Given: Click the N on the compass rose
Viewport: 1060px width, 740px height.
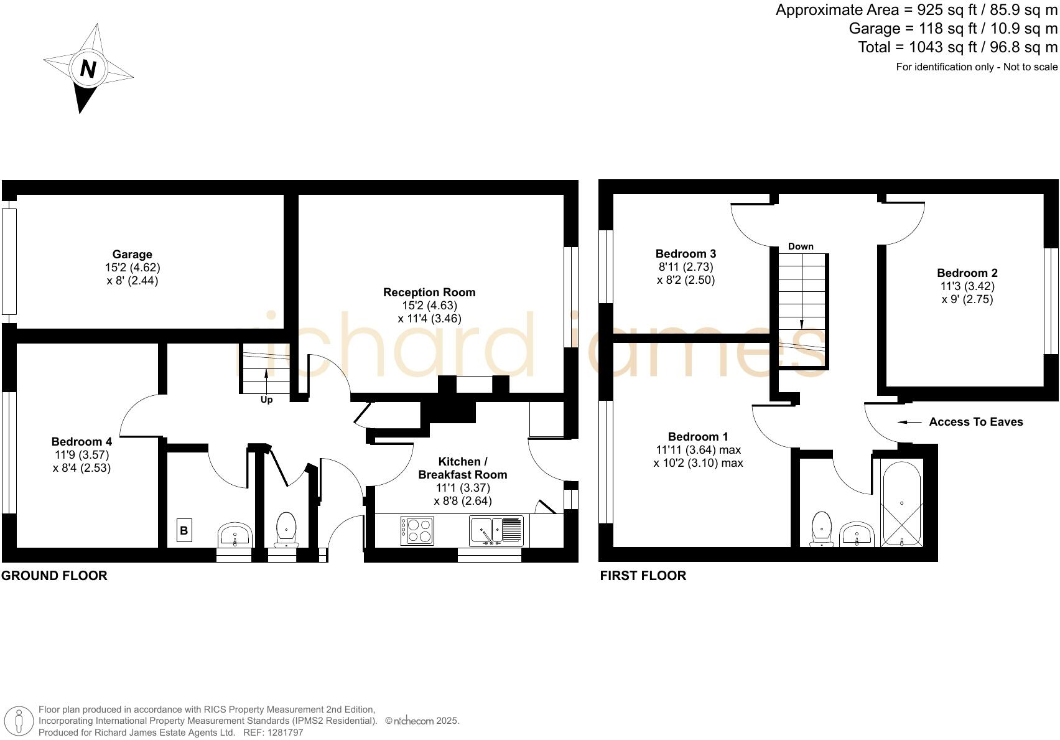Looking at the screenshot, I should pos(88,68).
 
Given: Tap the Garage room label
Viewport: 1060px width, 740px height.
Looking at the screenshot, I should pos(132,255).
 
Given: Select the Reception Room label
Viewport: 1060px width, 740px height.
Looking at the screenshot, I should pos(429,293).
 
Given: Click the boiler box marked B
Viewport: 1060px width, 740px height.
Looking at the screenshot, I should pos(184,531).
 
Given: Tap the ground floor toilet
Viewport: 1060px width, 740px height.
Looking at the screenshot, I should pos(286,529).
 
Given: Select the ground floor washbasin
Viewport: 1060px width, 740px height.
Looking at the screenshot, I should pos(235,534).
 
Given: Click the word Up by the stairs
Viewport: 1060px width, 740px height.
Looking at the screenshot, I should pos(266,400).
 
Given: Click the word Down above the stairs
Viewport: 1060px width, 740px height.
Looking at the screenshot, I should pos(801,246).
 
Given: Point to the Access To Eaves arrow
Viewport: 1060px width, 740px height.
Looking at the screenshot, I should pos(909,422).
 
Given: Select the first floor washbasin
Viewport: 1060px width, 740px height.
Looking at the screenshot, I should pos(857,534).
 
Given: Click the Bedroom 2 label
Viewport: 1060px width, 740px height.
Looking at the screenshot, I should pos(967,273).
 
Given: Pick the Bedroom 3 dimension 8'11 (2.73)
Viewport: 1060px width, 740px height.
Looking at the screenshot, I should pos(686,267).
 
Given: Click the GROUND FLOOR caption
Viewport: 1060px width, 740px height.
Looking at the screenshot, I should pos(54,576).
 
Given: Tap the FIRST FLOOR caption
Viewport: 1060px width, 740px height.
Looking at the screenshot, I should pos(643,576).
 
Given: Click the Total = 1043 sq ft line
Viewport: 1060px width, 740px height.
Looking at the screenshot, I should pos(957,47).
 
